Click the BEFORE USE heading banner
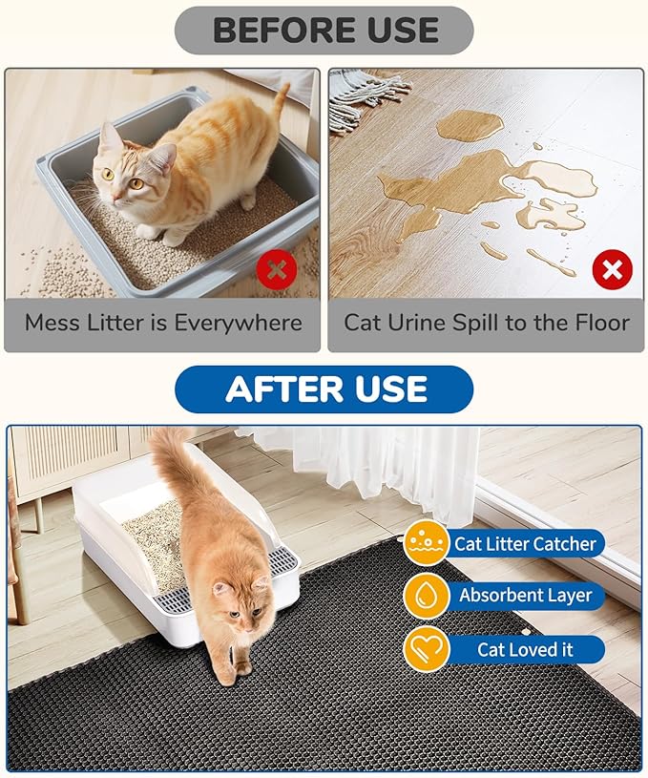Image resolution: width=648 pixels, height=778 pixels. coord(324,30)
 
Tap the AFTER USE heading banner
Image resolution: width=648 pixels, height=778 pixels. coord(324,389)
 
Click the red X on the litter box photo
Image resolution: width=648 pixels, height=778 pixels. coord(277,269)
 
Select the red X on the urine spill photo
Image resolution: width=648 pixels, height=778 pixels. coord(612,269)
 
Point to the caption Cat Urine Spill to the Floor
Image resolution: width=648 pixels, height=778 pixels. coord(486,323)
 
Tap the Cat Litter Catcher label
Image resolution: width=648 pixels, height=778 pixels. coord(525,544)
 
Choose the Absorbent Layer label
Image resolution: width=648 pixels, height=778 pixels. coord(525,596)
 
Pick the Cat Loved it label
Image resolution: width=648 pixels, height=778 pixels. coord(525,649)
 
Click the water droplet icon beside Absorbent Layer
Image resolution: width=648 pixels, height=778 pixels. coord(426,596)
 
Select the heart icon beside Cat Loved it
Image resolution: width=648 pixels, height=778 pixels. coord(426,649)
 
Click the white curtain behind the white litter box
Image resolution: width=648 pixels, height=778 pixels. coord(401,468)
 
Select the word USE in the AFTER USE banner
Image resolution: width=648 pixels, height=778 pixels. coord(388,389)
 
